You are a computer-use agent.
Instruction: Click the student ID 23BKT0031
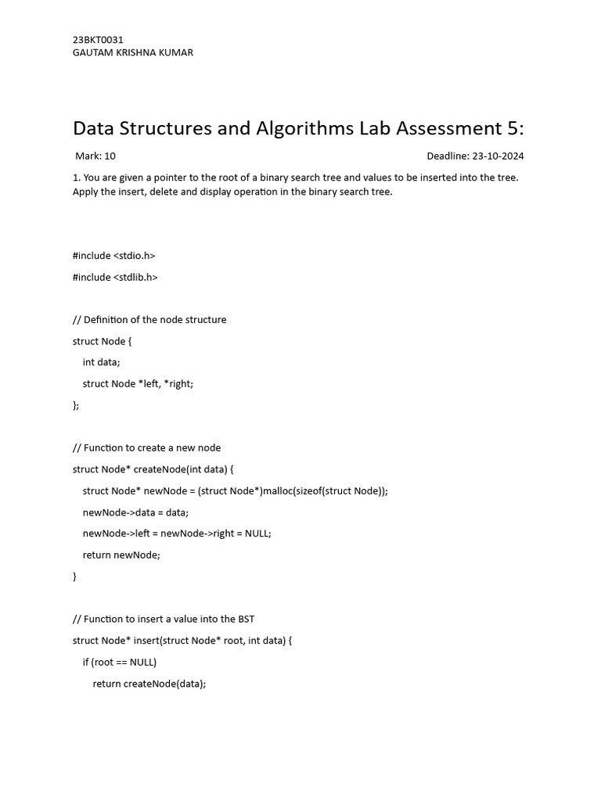click(98, 40)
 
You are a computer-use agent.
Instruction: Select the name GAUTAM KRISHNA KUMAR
click(132, 52)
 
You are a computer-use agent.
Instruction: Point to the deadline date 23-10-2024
click(498, 156)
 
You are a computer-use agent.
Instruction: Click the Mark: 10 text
click(95, 156)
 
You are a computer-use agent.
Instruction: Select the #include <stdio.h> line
click(114, 256)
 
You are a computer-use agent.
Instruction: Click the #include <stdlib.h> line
click(115, 277)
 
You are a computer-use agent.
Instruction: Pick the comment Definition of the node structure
click(149, 320)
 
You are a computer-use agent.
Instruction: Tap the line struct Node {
click(103, 341)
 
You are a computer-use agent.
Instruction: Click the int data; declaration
click(102, 362)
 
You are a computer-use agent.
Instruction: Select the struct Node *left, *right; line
click(138, 383)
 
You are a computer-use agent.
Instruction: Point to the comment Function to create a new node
click(146, 448)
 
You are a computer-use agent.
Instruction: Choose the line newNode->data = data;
click(135, 512)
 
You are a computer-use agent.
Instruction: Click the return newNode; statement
click(121, 555)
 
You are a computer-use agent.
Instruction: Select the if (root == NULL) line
click(120, 662)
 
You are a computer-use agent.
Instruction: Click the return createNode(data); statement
click(149, 683)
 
